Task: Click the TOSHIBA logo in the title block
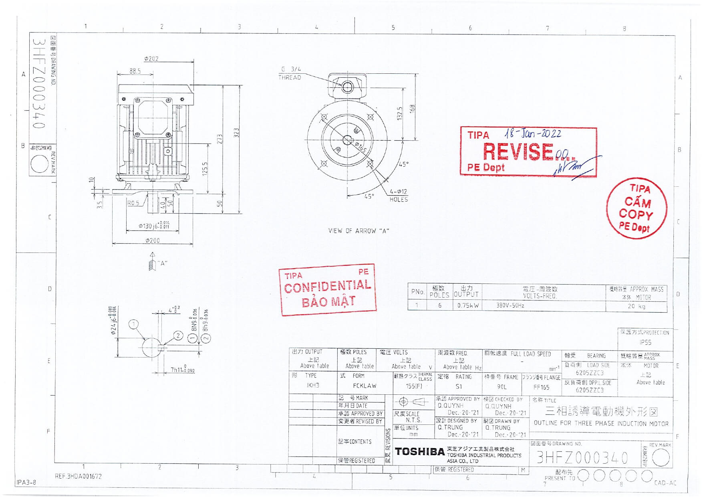[419, 452]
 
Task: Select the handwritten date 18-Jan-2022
[533, 134]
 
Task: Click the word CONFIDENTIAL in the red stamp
[328, 287]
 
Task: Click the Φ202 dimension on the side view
[151, 59]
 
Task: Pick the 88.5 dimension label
[135, 71]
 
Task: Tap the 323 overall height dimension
[236, 133]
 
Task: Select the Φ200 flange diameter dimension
[152, 240]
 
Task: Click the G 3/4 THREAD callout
[290, 73]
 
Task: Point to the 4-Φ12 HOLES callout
[399, 195]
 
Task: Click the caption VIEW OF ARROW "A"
[359, 231]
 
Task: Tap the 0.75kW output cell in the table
[467, 305]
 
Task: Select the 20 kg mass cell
[636, 306]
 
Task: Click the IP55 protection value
[645, 342]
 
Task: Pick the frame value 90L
[502, 387]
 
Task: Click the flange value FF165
[541, 387]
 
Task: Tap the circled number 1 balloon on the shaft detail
[134, 324]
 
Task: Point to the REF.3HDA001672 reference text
[78, 477]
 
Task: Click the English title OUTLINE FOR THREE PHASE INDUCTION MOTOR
[601, 423]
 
